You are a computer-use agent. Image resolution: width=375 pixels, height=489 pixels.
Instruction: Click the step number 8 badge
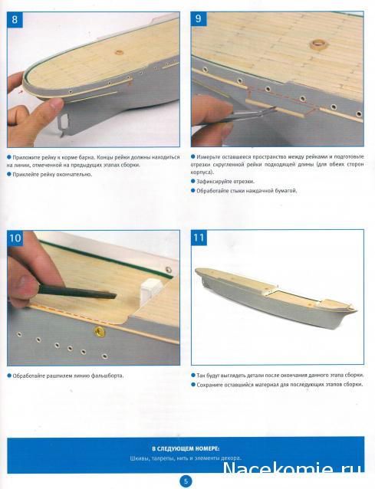coord(15,19)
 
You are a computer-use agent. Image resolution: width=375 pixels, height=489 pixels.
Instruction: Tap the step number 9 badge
coord(199,18)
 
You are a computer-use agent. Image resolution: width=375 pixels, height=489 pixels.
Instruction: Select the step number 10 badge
coord(15,238)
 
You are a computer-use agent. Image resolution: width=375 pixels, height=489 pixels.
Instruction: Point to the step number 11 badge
coord(199,238)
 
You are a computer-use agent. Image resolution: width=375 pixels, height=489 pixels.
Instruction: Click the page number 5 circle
coord(186,481)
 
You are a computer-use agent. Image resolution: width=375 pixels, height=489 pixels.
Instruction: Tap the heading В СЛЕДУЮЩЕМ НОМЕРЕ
coord(186,448)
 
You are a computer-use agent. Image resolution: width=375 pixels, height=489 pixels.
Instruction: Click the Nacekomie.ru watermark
coord(293,469)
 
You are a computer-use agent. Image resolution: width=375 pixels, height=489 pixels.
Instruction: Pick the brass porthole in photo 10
coord(100,331)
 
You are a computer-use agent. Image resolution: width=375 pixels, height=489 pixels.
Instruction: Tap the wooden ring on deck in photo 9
coord(317,44)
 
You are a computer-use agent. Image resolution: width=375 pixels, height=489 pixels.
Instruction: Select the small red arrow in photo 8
coord(21,92)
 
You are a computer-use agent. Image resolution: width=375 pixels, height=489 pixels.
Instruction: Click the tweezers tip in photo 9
coord(274,108)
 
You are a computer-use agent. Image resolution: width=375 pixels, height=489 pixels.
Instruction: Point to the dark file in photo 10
coord(77,293)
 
